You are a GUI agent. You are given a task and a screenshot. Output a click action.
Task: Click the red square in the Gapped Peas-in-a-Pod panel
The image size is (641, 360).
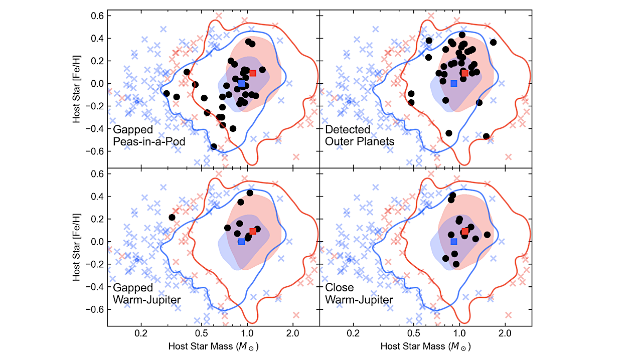pyautogui.click(x=253, y=73)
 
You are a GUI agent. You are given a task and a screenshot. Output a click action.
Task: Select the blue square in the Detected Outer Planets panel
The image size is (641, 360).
pyautogui.click(x=454, y=84)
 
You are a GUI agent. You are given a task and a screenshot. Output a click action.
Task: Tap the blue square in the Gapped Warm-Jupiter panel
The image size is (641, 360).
pyautogui.click(x=242, y=242)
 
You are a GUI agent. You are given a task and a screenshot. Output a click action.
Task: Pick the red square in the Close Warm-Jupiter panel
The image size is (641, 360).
pyautogui.click(x=465, y=231)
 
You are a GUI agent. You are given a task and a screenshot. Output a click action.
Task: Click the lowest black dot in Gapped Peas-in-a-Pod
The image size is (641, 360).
pyautogui.click(x=214, y=146)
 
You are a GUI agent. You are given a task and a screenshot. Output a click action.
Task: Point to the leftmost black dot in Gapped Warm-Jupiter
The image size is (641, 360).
pyautogui.click(x=172, y=218)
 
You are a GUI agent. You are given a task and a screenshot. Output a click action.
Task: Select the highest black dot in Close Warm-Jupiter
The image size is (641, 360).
pyautogui.click(x=452, y=196)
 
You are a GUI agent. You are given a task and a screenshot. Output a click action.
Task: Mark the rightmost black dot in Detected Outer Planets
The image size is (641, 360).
pyautogui.click(x=493, y=42)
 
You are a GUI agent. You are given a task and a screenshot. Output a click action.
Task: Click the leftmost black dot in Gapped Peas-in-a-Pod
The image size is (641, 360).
pyautogui.click(x=167, y=93)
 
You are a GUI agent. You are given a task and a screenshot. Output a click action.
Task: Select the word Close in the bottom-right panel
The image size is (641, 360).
pyautogui.click(x=339, y=288)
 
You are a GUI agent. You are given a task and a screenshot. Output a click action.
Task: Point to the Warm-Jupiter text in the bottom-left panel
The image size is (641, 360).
pyautogui.click(x=146, y=300)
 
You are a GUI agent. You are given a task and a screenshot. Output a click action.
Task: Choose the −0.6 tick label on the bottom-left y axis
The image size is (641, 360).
pyautogui.click(x=94, y=309)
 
